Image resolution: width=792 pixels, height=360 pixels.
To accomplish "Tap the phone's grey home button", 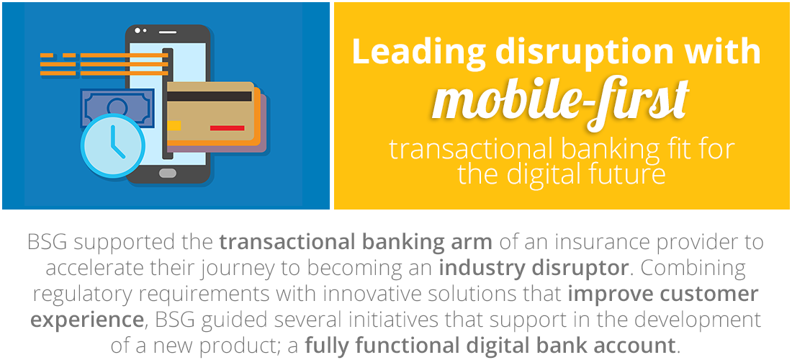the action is pyautogui.click(x=168, y=174).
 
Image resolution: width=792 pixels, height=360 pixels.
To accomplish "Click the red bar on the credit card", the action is pyautogui.click(x=228, y=128).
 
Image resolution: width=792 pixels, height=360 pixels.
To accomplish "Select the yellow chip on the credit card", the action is pyautogui.click(x=174, y=125).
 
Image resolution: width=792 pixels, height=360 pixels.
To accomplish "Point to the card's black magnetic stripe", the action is pyautogui.click(x=209, y=96).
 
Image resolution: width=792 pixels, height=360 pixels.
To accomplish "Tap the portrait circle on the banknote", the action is pyautogui.click(x=117, y=107).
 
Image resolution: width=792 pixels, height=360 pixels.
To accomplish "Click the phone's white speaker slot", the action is pyautogui.click(x=168, y=32).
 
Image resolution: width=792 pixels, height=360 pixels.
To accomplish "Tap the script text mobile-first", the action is pyautogui.click(x=561, y=101).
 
